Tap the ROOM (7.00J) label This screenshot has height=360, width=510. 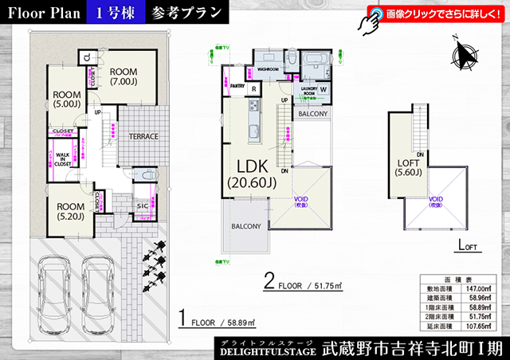[123, 75]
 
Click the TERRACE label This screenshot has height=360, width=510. [143, 136]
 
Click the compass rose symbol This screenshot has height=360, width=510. [463, 55]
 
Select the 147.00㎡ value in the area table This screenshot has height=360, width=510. [481, 288]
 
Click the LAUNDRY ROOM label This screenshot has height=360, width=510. [309, 92]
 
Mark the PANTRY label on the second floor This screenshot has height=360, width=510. [236, 87]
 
